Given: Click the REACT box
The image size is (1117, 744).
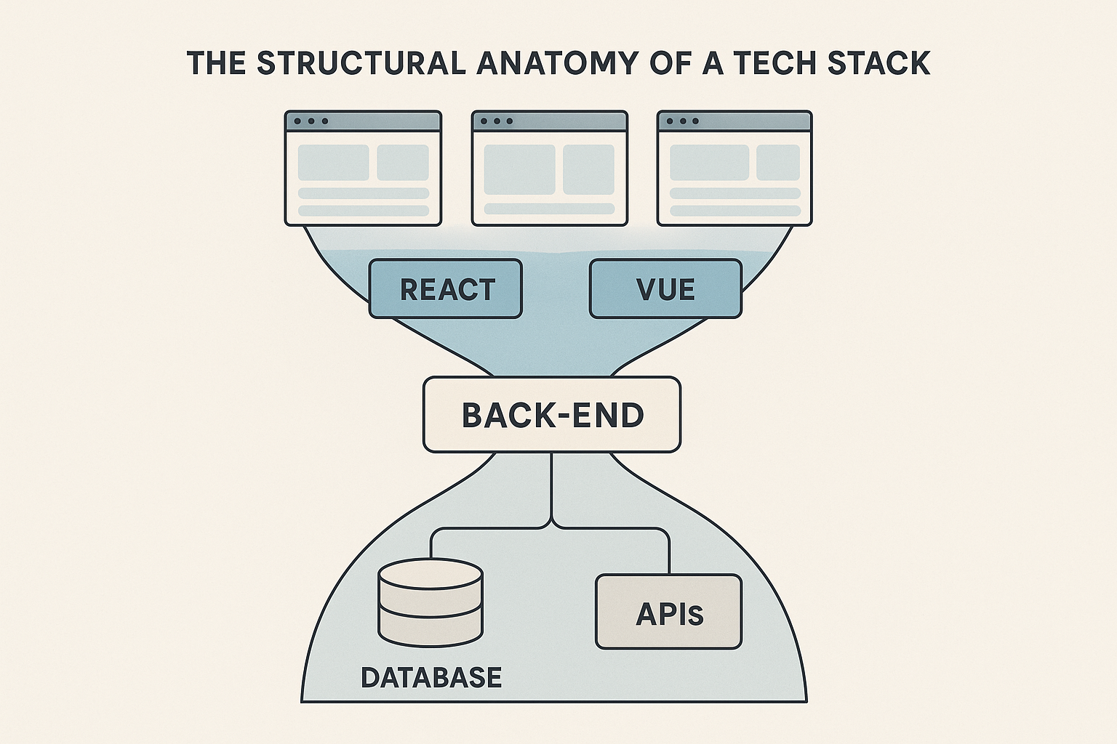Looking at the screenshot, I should click(x=446, y=289).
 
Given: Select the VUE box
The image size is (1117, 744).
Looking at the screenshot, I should click(x=665, y=289).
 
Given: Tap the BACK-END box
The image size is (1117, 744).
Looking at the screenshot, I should click(x=552, y=415).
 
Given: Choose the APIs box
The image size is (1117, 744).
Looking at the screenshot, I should click(x=668, y=612).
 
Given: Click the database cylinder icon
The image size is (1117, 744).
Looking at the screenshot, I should click(x=431, y=603).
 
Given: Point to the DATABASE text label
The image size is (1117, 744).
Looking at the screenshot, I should click(x=431, y=677).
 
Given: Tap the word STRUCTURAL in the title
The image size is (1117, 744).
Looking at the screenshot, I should click(x=361, y=63).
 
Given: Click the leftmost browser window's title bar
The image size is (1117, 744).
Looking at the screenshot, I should click(x=363, y=121).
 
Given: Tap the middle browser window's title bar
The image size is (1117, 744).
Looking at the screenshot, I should click(x=550, y=121).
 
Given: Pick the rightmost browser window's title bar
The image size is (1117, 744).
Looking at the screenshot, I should click(x=734, y=121).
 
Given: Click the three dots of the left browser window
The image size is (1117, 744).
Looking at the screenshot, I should click(x=311, y=121).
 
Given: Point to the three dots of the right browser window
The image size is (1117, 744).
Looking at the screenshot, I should click(x=683, y=121).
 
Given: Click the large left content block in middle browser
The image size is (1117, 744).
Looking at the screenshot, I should click(x=519, y=169).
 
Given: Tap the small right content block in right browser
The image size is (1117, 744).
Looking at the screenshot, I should click(x=777, y=163).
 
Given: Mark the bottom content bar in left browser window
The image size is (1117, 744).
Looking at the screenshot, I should click(x=363, y=210).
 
